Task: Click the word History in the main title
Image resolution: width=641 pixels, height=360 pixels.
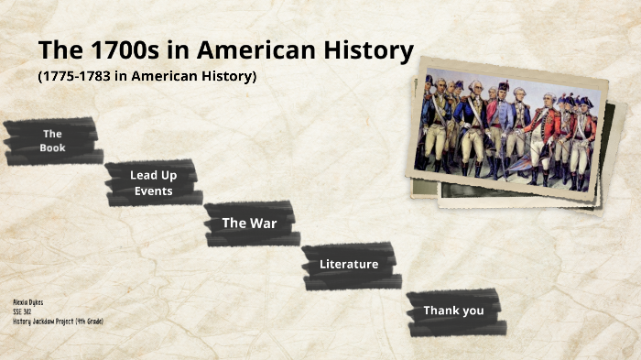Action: click(359, 50)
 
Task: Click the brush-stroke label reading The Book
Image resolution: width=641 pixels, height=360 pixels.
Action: click(52, 140)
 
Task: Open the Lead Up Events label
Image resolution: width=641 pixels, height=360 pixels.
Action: click(153, 183)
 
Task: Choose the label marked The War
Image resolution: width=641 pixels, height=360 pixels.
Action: click(249, 223)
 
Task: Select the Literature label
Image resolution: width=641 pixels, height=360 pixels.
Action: click(349, 264)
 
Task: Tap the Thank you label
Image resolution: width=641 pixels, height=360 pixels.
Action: click(453, 311)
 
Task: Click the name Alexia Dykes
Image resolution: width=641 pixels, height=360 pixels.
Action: click(27, 301)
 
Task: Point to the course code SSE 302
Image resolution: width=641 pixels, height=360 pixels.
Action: click(23, 311)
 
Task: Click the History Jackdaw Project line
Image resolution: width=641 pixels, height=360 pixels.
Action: click(58, 322)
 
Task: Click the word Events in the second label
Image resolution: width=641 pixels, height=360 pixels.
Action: click(153, 191)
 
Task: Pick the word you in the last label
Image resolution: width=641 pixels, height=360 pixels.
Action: click(472, 311)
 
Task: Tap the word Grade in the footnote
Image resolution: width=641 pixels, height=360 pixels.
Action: click(91, 322)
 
